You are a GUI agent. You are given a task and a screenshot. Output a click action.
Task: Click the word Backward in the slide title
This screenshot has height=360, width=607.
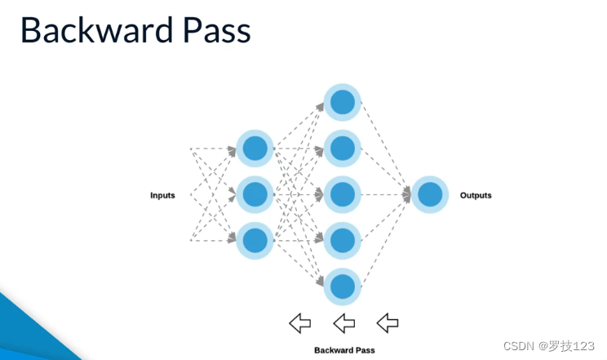coord(97,30)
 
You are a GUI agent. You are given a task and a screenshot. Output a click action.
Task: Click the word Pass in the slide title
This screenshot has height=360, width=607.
coord(217,30)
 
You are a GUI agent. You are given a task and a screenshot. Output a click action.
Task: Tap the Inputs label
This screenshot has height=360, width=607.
coord(162,195)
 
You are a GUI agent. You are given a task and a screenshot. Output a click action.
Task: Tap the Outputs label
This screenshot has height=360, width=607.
coord(476,195)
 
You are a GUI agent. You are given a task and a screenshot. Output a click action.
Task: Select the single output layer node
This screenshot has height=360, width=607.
coord(430,194)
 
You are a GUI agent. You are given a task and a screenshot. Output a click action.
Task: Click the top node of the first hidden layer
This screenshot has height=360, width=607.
coord(255,149)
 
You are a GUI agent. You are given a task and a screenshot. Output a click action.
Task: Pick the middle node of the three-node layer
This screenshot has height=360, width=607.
coord(255,194)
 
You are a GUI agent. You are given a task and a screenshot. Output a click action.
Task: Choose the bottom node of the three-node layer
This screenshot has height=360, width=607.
coord(255,241)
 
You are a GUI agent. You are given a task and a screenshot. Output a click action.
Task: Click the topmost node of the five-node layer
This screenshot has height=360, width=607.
coord(342,102)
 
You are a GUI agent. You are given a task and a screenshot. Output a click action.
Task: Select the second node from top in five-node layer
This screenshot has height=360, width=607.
coord(342,149)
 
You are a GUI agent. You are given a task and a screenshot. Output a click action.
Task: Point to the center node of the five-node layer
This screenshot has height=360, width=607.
coord(342,194)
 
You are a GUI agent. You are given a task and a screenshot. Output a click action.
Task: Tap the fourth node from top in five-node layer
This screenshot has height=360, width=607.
coord(342,241)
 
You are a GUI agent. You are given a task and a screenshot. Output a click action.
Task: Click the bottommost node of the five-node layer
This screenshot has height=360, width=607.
coord(342,287)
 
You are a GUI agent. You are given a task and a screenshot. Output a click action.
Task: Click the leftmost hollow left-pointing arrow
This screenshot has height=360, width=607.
coord(300,323)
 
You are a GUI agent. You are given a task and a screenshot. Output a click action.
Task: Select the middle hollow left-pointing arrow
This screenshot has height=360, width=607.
coord(344,323)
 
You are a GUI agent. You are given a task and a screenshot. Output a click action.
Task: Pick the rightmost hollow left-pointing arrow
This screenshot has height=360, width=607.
coord(388,323)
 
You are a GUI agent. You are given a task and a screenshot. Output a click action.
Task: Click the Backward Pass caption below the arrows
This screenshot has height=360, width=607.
coord(344,350)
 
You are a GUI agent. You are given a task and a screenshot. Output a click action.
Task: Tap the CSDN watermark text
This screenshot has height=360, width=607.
coord(549,345)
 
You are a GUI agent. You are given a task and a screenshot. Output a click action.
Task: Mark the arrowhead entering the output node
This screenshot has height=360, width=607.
coord(406,194)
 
